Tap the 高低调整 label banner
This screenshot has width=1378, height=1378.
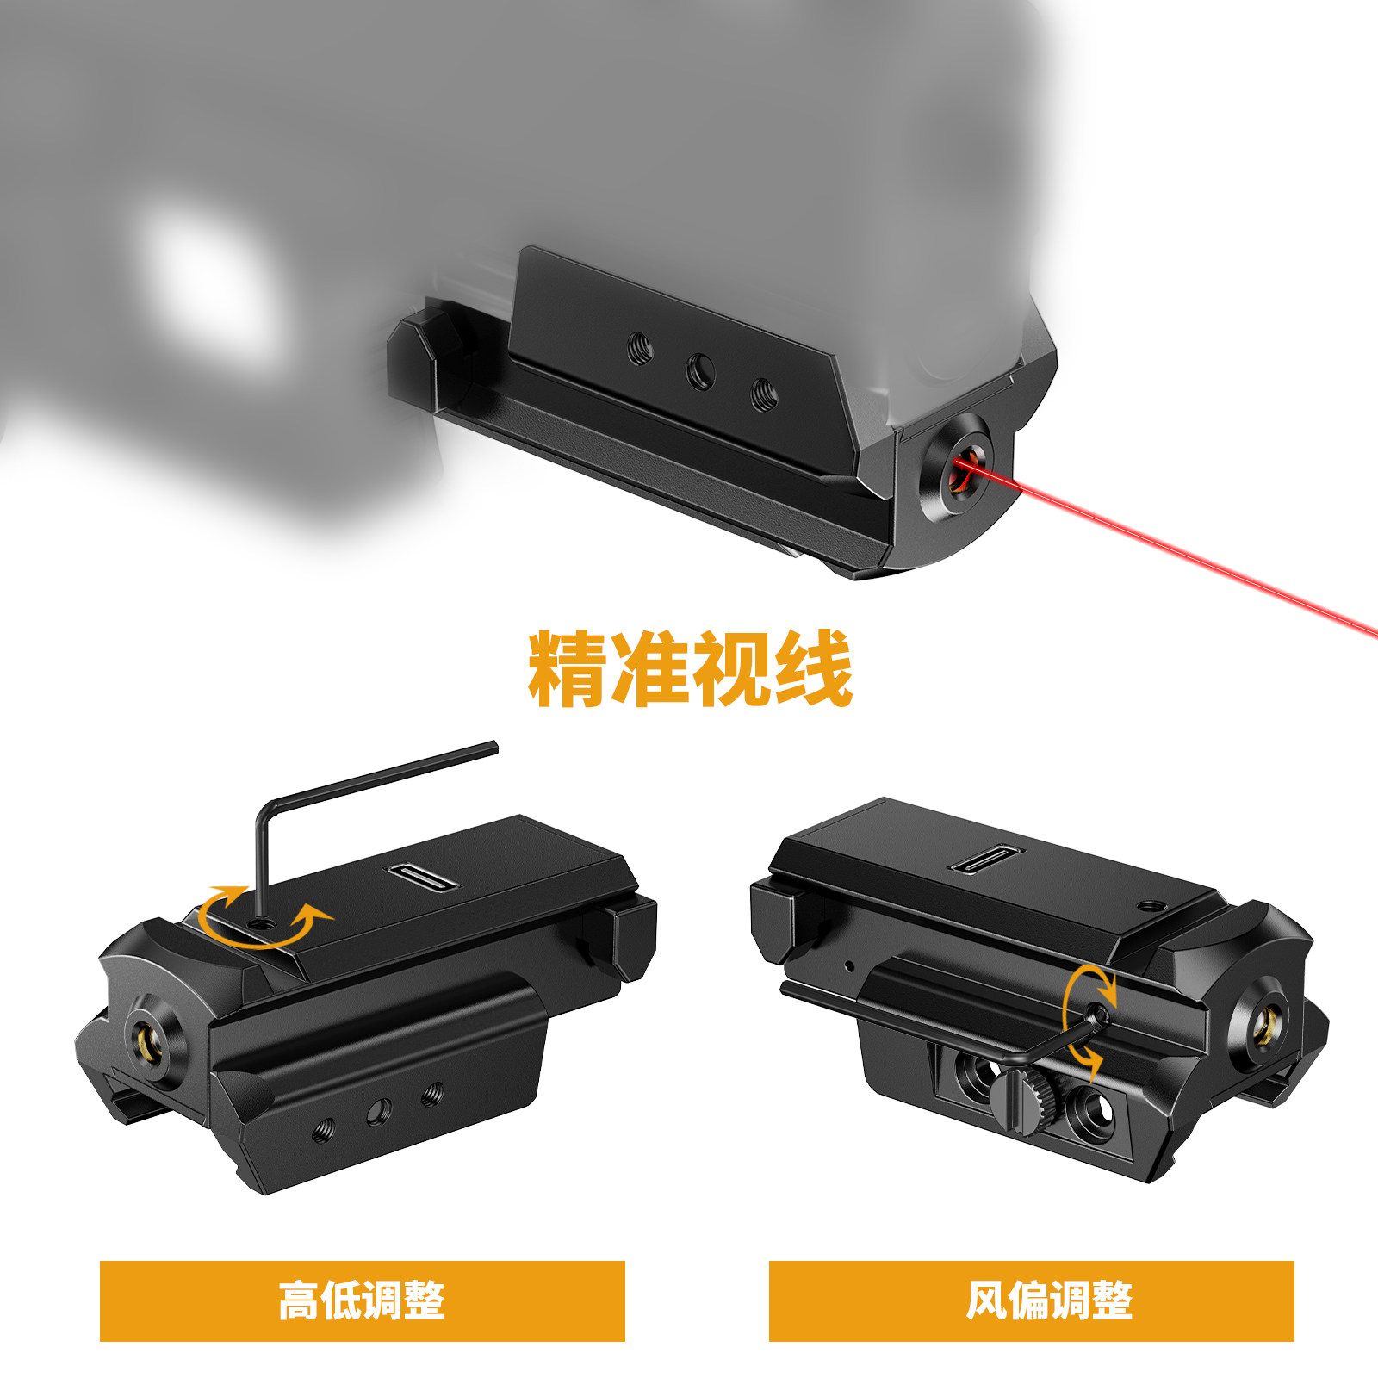[362, 1300]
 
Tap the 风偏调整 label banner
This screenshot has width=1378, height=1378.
[1031, 1300]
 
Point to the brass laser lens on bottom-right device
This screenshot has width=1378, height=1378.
[1263, 1025]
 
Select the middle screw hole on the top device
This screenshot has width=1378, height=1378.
[700, 373]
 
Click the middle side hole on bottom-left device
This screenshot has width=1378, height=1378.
[378, 1112]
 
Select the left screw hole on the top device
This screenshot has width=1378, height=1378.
[640, 348]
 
